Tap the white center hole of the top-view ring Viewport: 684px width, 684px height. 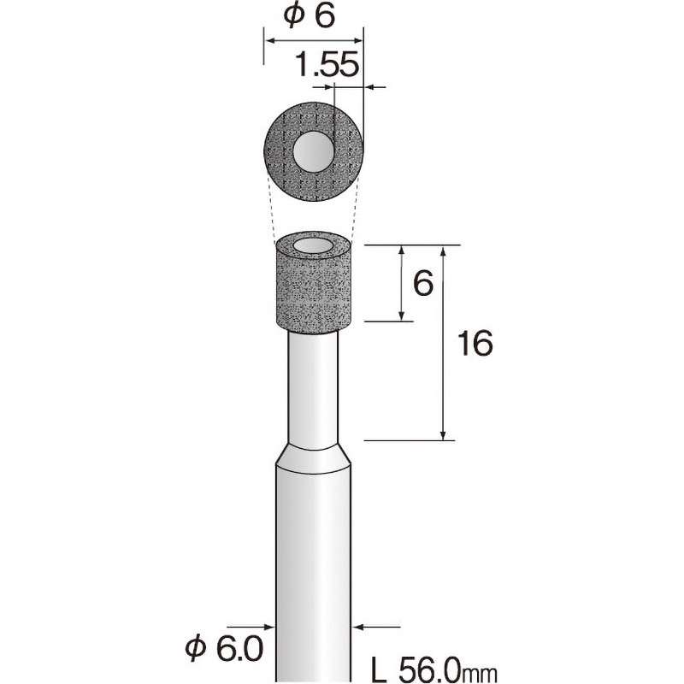point(314,152)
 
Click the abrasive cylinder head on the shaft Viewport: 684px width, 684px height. point(313,291)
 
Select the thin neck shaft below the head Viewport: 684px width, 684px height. point(313,385)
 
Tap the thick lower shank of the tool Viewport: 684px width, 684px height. point(313,564)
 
